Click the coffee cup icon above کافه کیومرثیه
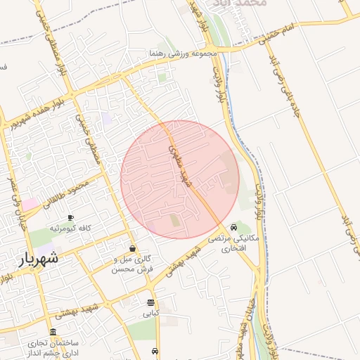tap(70, 218)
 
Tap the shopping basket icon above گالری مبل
tap(132, 249)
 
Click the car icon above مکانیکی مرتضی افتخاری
tap(233, 227)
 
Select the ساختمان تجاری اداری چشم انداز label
tap(52, 348)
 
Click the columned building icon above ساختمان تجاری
tap(53, 333)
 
